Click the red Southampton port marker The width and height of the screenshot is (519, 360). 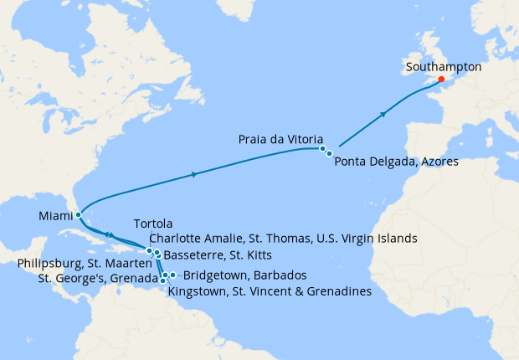(441, 80)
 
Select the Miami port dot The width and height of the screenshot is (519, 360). (78, 214)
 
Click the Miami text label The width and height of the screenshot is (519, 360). (54, 216)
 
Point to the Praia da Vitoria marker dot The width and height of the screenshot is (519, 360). (322, 148)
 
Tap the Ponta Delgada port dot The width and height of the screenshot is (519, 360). (329, 153)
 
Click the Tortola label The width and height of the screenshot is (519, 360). (152, 224)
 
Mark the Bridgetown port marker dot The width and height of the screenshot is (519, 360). (173, 275)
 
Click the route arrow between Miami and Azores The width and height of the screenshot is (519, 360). (195, 174)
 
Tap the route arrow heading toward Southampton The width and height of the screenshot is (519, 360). (383, 113)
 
